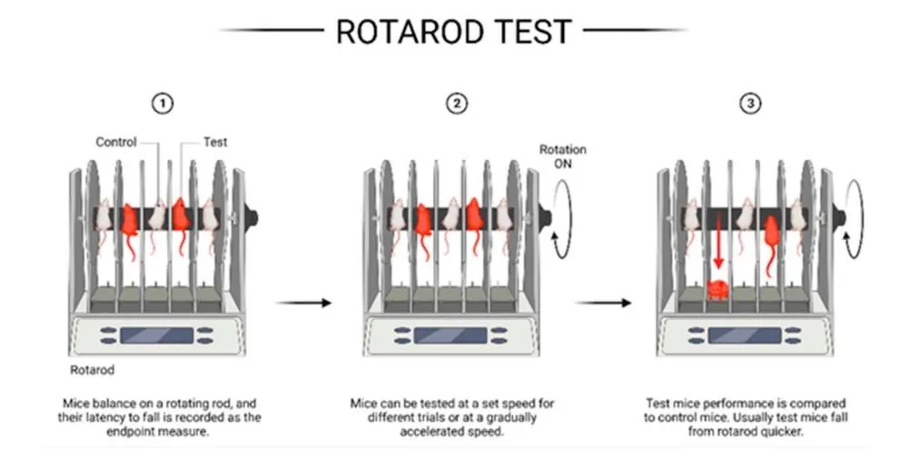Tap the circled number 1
click(163, 104)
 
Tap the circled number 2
click(457, 104)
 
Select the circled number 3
click(751, 104)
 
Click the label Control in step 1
click(116, 142)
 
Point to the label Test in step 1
click(215, 142)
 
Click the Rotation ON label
click(563, 156)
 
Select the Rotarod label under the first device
click(92, 370)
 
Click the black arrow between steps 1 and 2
click(303, 303)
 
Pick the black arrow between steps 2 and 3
click(603, 303)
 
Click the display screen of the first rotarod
click(156, 335)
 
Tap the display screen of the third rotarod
click(745, 335)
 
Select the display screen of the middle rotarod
click(450, 335)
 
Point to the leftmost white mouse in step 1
click(103, 222)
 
